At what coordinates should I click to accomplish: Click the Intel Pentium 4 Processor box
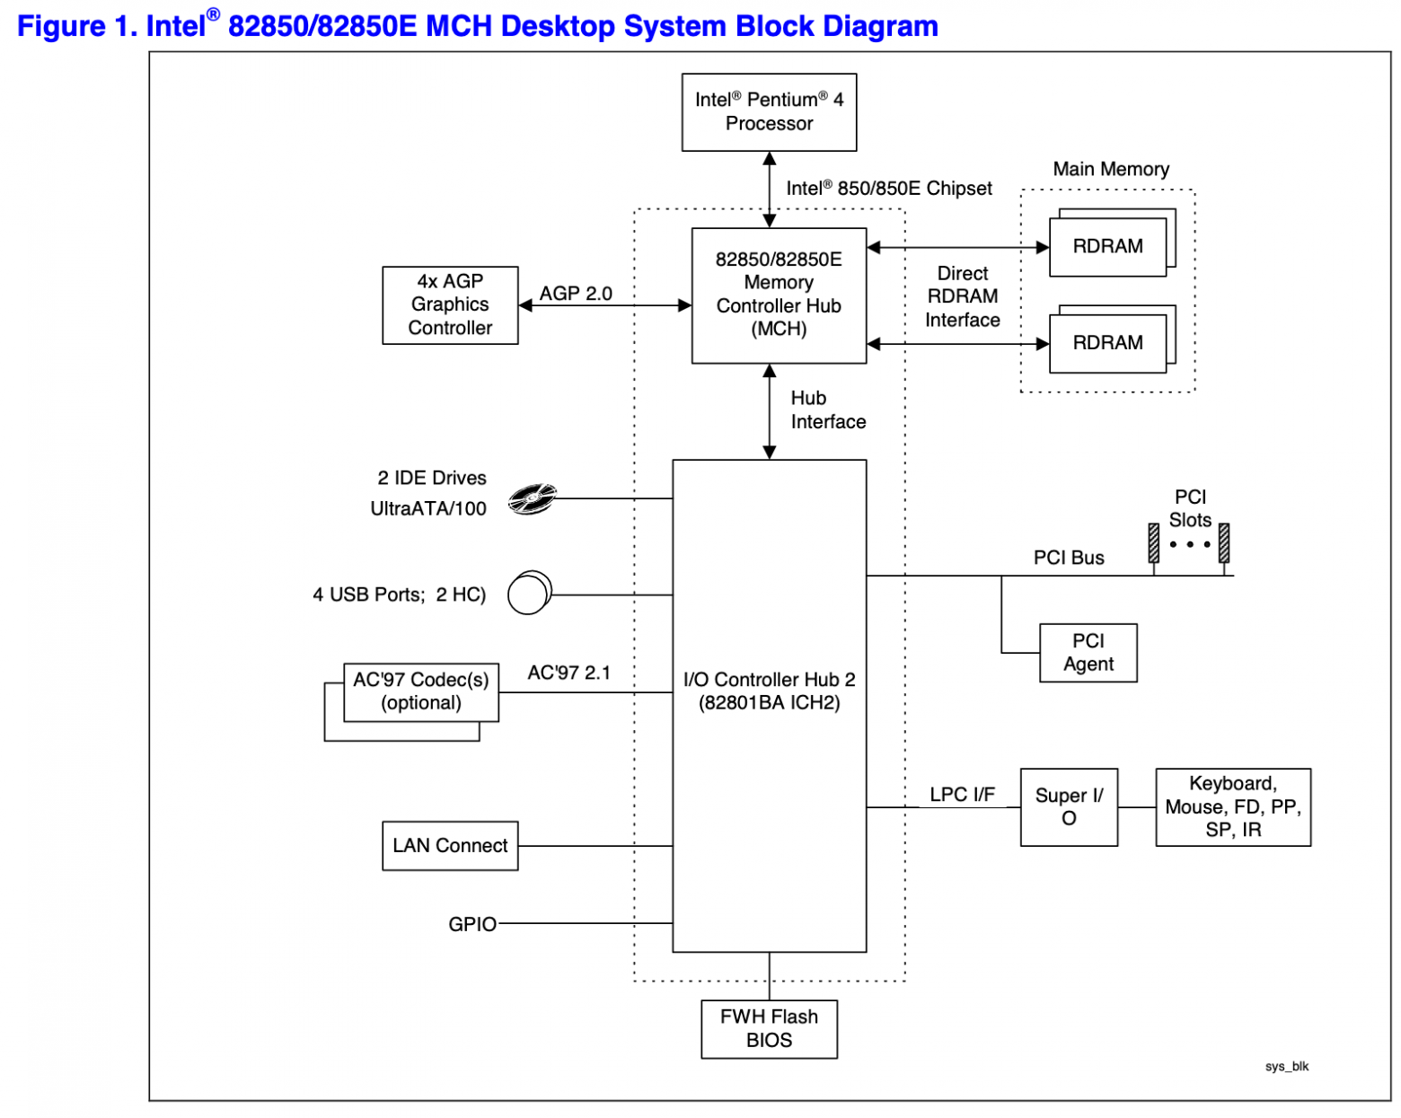coord(769,112)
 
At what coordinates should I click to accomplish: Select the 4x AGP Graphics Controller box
coord(450,305)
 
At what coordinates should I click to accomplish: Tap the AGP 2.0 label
coord(576,294)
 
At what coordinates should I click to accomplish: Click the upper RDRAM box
coord(1107,246)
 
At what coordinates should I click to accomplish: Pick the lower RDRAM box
coord(1107,343)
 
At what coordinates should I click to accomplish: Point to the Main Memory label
coord(1111,170)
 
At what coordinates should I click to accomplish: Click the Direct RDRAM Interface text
coord(963,296)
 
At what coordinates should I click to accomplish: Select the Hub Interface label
coord(827,410)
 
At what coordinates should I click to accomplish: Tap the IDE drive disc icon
coord(533,498)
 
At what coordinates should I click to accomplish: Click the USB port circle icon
coord(529,593)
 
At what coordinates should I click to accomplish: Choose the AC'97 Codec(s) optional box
coord(421,692)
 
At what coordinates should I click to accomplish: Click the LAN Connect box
coord(450,846)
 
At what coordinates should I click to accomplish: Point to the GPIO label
coord(472,924)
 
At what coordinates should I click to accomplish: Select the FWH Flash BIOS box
coord(769,1029)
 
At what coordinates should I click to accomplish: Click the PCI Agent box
coord(1088,653)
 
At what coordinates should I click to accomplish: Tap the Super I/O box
coord(1069,807)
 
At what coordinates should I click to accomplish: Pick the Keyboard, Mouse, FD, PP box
coord(1233,807)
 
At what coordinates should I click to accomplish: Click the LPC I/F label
coord(962,795)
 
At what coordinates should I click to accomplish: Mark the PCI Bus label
coord(1069,558)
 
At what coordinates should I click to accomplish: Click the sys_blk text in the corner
coord(1286,1067)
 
